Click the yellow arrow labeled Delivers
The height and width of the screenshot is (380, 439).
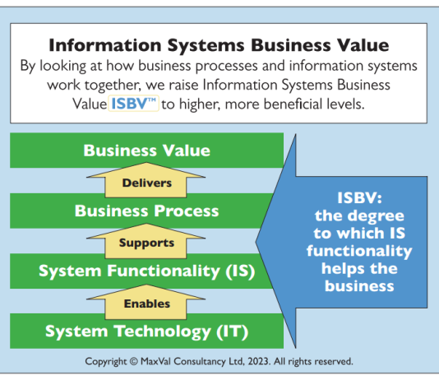coord(146,181)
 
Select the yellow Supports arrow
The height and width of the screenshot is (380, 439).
coord(146,241)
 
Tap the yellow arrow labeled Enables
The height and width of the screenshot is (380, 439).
coord(146,302)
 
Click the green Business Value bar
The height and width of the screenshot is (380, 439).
coord(146,151)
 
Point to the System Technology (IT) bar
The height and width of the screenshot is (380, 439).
coord(146,331)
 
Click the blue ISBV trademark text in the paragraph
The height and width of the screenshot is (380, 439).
coord(133,104)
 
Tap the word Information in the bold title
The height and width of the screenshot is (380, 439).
coord(105,45)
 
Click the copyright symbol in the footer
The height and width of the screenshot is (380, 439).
coord(134,361)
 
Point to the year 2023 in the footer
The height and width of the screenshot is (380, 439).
coord(259,361)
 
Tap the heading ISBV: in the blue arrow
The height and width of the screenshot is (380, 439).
coord(359,197)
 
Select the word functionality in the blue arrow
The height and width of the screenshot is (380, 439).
coord(359,251)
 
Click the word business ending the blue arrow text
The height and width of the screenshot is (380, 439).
coord(359,286)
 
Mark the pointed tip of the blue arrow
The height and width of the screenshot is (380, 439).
coord(256,242)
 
